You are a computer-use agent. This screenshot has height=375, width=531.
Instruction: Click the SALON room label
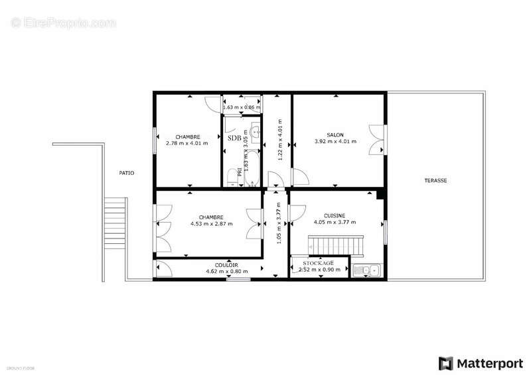335,134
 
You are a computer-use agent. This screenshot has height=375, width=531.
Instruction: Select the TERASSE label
435,180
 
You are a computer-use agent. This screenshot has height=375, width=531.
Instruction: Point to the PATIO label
126,173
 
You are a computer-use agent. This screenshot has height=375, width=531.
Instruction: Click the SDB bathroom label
234,138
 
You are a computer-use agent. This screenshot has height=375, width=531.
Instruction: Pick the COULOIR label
227,265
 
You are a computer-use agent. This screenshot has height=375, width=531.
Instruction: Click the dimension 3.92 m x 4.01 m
335,141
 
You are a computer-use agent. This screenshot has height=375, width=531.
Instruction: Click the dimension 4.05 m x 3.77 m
334,223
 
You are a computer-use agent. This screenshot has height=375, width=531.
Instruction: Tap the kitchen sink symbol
366,270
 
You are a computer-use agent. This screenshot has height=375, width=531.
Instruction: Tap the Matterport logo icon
445,363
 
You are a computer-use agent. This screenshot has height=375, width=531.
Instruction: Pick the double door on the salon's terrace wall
378,140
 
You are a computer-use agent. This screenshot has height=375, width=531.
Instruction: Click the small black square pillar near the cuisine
381,195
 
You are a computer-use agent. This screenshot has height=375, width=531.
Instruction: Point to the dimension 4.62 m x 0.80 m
227,272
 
